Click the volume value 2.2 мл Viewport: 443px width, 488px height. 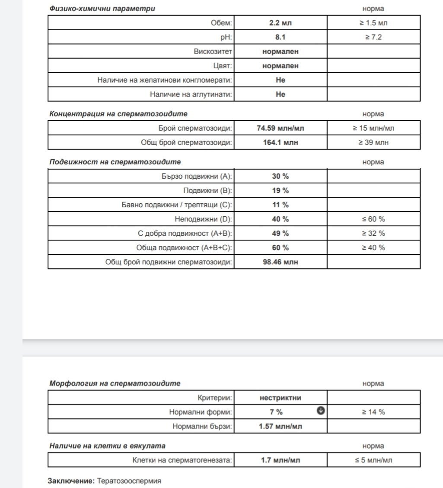(x=280, y=23)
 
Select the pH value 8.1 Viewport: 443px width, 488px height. (x=280, y=37)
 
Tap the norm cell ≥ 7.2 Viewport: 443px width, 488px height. (x=373, y=37)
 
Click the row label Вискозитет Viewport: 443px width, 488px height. (x=213, y=51)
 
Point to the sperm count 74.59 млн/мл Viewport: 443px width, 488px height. (x=280, y=128)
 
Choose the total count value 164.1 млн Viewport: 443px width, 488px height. (x=280, y=142)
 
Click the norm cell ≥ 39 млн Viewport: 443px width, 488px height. (x=373, y=142)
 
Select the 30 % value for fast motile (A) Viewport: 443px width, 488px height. (x=280, y=176)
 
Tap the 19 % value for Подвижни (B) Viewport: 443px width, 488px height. (x=280, y=190)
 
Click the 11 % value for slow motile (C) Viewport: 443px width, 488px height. (x=280, y=205)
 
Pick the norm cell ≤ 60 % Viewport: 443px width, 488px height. (x=373, y=219)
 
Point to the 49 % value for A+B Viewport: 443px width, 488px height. (x=280, y=233)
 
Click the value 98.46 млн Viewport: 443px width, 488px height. (x=280, y=262)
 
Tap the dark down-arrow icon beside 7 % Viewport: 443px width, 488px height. (x=321, y=411)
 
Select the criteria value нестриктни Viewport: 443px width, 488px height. (x=280, y=398)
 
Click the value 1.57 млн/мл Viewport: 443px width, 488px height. (x=280, y=426)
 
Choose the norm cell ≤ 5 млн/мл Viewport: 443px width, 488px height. (x=373, y=460)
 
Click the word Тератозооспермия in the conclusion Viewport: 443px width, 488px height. (x=129, y=481)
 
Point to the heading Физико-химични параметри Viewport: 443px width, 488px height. (x=102, y=8)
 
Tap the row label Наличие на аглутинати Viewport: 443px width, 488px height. (x=191, y=94)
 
